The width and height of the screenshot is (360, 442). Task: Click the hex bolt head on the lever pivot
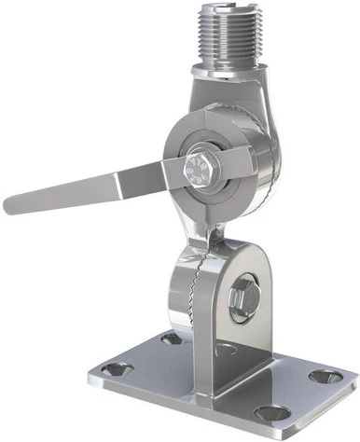[199, 173]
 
